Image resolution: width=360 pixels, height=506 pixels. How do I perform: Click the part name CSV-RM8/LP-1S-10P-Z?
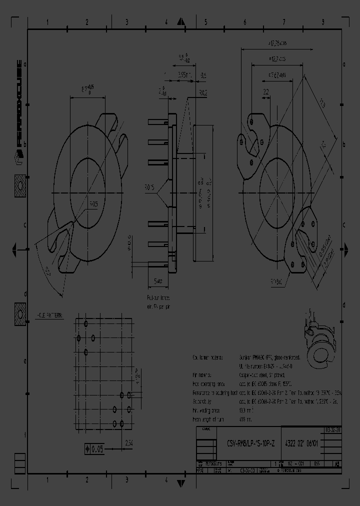coord(252,443)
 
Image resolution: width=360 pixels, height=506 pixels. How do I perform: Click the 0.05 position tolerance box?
coord(92,449)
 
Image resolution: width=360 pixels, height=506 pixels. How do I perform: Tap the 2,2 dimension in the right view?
coord(265,91)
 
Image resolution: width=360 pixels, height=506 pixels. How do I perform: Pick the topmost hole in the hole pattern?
coord(86,324)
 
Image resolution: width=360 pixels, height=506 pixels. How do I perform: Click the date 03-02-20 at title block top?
coord(332,430)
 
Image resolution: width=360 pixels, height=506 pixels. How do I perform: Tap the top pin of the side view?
coord(158,122)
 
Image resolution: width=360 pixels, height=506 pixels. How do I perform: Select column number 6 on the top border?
coord(245,22)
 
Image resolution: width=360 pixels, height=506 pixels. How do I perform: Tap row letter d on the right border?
coord(343,304)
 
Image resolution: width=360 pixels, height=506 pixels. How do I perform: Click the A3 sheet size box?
coord(338,464)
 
